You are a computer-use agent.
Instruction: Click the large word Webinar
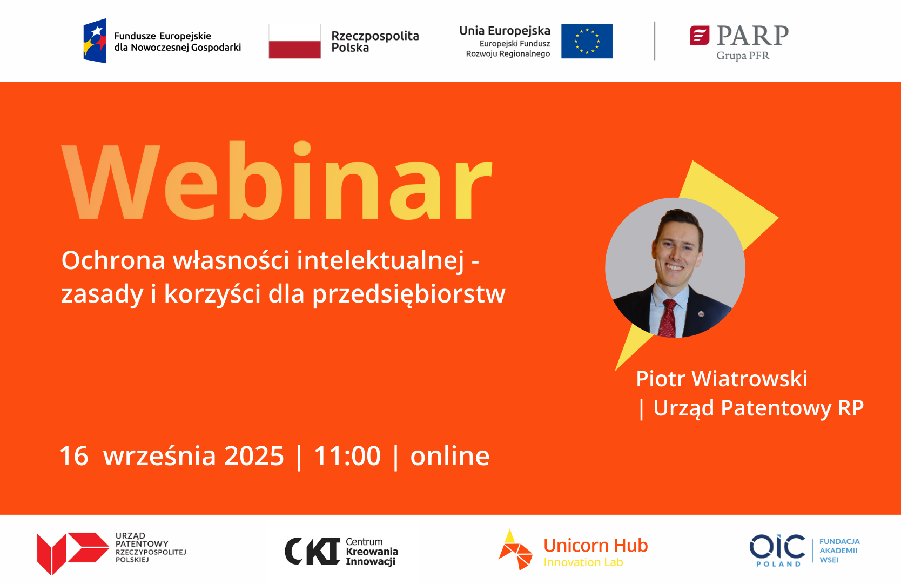[277, 181]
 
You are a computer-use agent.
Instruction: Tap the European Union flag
[587, 41]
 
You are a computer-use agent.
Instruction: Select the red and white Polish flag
[295, 41]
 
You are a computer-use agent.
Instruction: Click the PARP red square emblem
[700, 36]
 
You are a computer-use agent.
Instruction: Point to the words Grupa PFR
[743, 56]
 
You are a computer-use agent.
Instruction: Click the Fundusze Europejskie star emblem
[95, 41]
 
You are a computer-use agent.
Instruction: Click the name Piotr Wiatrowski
[722, 379]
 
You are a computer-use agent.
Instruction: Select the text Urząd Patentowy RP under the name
[758, 408]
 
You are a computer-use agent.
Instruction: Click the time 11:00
[347, 456]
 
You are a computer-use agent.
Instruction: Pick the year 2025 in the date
[254, 456]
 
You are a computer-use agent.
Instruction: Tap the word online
[450, 456]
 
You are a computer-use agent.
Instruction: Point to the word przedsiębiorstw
[409, 295]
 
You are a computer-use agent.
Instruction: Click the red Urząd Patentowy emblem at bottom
[73, 553]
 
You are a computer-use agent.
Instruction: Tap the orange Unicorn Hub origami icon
[515, 550]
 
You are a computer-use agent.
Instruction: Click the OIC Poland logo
[777, 551]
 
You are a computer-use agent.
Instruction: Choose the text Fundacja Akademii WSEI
[839, 551]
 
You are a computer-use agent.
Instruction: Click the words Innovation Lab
[583, 562]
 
